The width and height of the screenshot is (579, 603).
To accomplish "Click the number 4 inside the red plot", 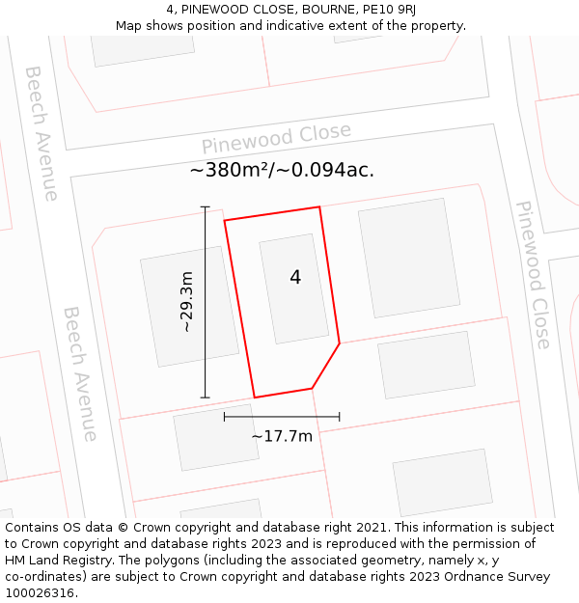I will point(295,277).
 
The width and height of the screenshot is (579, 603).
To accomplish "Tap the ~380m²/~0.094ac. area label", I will point(282,171).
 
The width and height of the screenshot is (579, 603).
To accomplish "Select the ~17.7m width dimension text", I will point(282,436).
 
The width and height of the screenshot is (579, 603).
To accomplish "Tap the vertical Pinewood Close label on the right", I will point(533,275).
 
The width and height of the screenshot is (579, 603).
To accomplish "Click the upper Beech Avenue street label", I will point(41,133).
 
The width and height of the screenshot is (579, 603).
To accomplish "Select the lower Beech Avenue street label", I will point(80,373).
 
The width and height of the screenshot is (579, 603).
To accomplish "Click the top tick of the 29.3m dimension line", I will point(205,206).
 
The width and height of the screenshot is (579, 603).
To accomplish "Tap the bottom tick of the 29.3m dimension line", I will point(205,397).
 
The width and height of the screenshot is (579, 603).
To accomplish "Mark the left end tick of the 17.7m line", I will point(225,417).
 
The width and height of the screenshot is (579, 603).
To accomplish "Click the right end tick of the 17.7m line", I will point(340,417).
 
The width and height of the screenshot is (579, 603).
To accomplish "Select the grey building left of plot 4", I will point(189,309).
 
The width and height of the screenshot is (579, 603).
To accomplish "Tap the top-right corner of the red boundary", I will point(318,206).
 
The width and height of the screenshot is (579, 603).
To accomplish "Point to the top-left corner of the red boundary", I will point(225,221).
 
